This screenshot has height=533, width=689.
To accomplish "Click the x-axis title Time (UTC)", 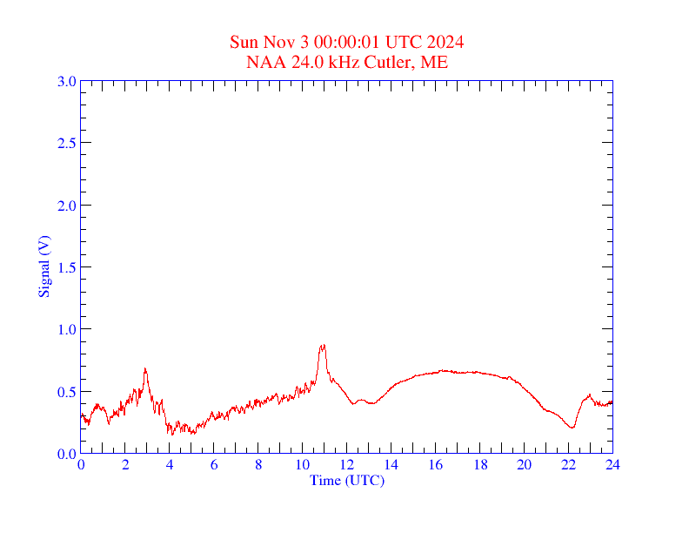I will click(346, 480).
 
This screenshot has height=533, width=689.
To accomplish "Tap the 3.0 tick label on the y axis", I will click(66, 81).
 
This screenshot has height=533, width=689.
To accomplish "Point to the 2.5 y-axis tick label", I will click(66, 143).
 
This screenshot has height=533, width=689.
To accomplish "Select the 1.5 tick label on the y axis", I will click(66, 267).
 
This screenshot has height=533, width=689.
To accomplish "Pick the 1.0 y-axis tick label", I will click(66, 329).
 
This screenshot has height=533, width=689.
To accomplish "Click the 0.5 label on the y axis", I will click(66, 392).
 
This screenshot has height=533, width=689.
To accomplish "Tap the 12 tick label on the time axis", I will click(347, 465).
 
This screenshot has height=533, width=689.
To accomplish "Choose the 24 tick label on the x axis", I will click(612, 465).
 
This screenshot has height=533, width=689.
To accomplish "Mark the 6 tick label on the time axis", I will click(214, 465).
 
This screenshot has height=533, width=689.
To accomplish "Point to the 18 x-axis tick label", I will click(480, 465).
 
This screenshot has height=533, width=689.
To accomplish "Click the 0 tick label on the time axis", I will click(81, 465).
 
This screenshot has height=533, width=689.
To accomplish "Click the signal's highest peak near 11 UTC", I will click(323, 346).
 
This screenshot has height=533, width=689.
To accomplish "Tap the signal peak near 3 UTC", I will click(145, 368).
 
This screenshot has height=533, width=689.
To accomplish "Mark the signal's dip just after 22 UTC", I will click(572, 428).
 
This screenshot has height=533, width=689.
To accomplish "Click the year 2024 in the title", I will click(445, 42).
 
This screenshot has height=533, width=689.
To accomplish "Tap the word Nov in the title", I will click(274, 42).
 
